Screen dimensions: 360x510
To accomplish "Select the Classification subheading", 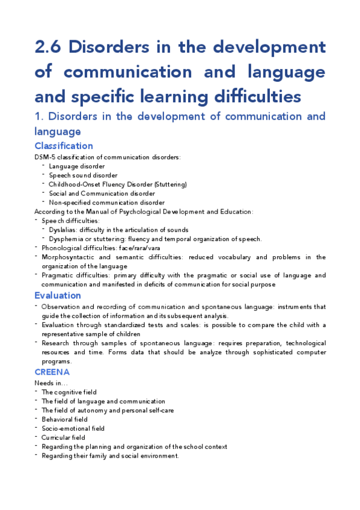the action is [x=64, y=146].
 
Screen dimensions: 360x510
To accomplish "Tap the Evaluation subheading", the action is [x=58, y=295].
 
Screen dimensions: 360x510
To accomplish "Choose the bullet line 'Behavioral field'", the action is [x=64, y=419].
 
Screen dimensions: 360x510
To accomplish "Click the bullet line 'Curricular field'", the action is [x=63, y=437].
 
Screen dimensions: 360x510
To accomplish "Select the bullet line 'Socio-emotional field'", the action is [x=73, y=428].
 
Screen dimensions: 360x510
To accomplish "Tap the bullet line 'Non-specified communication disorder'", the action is [x=106, y=203].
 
